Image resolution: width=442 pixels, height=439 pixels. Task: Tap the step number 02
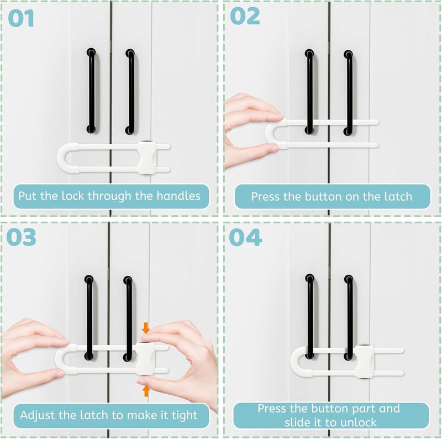coord(245,17)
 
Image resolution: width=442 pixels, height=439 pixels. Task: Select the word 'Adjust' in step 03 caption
coord(37,415)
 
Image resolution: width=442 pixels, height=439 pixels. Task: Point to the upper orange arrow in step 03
coord(145,328)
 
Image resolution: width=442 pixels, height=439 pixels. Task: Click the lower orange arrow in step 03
coord(145,391)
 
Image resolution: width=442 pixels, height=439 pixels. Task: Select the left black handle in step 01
coord(90,91)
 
